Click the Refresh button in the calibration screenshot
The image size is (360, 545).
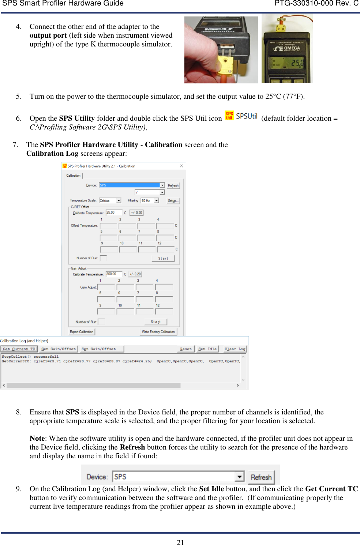[x=173, y=185]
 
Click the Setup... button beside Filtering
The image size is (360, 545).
[x=173, y=201]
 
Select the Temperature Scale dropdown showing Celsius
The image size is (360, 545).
[x=110, y=201]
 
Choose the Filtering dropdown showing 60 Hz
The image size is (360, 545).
[x=150, y=201]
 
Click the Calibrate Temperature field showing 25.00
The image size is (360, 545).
[x=114, y=213]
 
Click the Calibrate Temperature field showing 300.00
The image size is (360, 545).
[x=114, y=274]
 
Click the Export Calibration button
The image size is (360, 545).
[x=82, y=332]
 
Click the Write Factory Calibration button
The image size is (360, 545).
[x=158, y=332]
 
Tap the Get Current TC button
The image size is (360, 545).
[x=19, y=349]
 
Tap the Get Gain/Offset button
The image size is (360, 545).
[x=59, y=349]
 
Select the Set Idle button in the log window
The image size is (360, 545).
[x=207, y=349]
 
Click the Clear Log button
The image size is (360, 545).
[x=235, y=349]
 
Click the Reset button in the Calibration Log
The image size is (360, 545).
[x=185, y=349]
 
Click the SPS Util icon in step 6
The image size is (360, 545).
[x=229, y=116]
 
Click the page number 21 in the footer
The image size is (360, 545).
[x=180, y=542]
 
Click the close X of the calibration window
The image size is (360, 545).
[x=181, y=166]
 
